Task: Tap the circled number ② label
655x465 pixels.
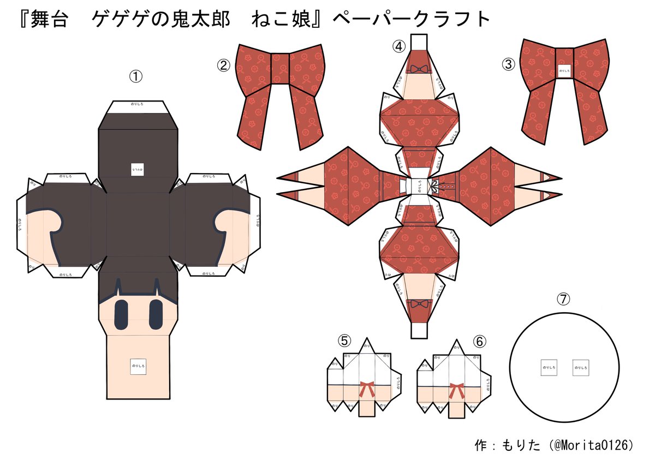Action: point(223,65)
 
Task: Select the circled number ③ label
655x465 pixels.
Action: point(508,64)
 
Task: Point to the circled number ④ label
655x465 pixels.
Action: point(398,46)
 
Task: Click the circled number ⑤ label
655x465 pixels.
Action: point(344,341)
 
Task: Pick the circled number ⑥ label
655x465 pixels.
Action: point(479,341)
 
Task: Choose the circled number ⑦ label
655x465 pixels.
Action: point(563,299)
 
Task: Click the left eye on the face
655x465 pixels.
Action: point(121,314)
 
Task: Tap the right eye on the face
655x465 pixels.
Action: point(156,314)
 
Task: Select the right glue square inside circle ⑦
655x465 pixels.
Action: point(581,368)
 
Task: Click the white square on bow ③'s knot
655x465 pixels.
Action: point(564,70)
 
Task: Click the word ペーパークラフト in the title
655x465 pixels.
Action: point(410,20)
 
